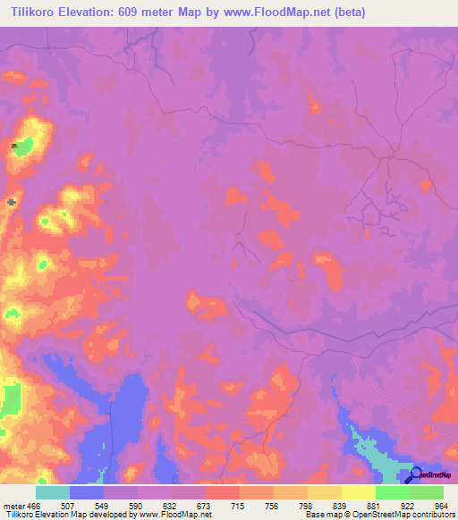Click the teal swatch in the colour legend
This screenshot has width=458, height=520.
click(53, 492)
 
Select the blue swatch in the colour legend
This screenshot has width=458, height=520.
click(87, 492)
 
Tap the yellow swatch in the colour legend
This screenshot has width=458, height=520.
click(359, 492)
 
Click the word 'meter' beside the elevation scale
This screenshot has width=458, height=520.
click(13, 507)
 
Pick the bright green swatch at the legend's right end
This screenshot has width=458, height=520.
click(427, 492)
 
